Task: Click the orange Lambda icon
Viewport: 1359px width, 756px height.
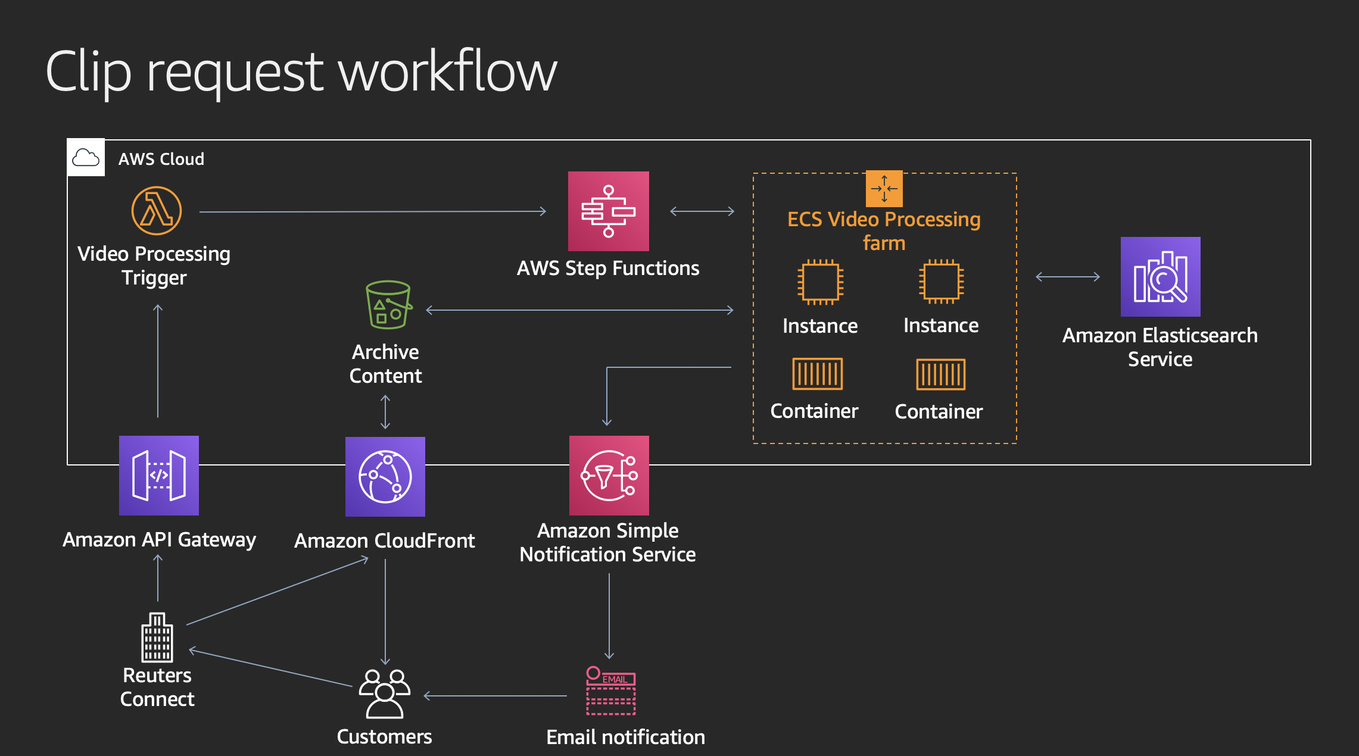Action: (x=156, y=211)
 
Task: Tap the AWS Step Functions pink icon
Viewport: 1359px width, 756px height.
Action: (x=608, y=211)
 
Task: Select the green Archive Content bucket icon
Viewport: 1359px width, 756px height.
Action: (x=388, y=305)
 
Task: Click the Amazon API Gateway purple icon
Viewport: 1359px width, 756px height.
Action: (x=158, y=475)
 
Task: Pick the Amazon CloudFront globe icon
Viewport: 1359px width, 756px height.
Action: (x=385, y=476)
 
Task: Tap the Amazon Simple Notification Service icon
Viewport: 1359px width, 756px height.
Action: (x=609, y=475)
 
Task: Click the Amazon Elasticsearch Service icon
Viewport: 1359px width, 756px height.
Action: (x=1160, y=277)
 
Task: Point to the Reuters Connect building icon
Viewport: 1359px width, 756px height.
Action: (x=157, y=637)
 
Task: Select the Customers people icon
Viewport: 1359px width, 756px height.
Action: (x=385, y=693)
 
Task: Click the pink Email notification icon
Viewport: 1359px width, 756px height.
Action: (x=610, y=691)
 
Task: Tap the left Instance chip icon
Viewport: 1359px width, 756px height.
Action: (x=820, y=282)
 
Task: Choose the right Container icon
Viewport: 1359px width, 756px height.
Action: (x=940, y=374)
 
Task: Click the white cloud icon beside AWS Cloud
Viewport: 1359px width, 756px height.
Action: (x=86, y=158)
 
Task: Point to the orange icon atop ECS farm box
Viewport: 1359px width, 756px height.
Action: (x=884, y=189)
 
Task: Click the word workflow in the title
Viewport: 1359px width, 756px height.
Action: (x=447, y=71)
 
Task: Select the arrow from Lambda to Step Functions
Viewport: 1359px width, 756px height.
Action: (x=372, y=211)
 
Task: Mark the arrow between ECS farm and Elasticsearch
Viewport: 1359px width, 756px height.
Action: (x=1067, y=277)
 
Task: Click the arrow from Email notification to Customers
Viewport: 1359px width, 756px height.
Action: (x=494, y=695)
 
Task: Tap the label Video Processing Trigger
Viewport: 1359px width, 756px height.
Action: (x=154, y=265)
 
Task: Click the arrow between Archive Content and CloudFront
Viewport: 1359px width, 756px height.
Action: (x=385, y=412)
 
